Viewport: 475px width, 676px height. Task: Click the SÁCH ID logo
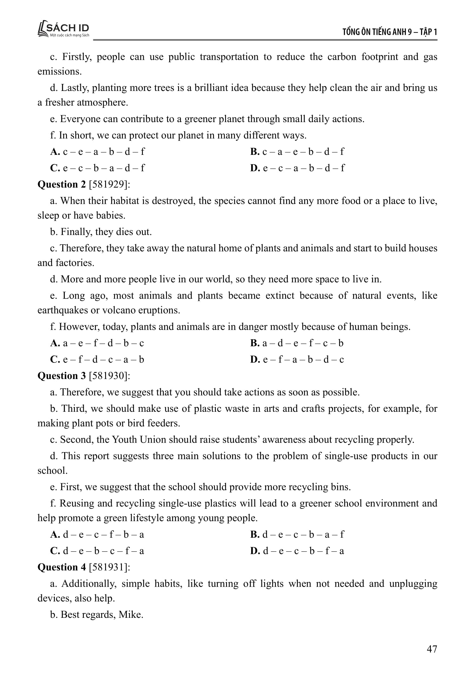(63, 29)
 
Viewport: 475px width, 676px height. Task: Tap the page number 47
(432, 649)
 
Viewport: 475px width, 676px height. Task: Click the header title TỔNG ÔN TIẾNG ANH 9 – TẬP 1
(390, 32)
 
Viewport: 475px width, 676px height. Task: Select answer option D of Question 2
(297, 360)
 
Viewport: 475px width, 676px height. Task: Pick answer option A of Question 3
(97, 535)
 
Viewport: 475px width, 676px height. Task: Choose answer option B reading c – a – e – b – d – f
(297, 152)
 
